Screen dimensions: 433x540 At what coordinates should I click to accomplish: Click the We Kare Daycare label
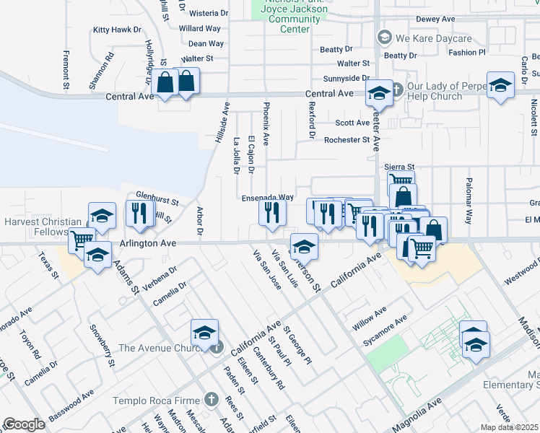433,38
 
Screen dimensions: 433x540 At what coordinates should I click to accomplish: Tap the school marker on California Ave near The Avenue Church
204,333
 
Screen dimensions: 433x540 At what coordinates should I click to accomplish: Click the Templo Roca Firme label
155,400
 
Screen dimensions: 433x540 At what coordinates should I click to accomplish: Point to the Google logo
24,424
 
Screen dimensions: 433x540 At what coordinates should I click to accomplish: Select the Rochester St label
347,140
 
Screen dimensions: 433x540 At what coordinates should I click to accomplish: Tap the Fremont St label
65,70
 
